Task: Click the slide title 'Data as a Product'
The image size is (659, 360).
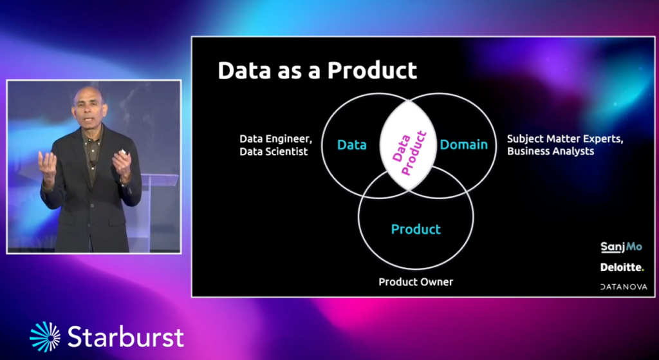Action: point(317,70)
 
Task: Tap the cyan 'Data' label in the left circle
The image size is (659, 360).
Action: point(352,145)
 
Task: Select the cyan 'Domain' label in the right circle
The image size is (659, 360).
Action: point(464,145)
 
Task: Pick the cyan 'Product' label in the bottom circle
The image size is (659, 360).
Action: point(416,229)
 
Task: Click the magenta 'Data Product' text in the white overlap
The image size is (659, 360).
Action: point(409,153)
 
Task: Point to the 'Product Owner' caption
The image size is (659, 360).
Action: point(416,282)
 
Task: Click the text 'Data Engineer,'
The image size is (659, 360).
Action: point(275,140)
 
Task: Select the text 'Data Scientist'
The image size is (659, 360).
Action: point(274,151)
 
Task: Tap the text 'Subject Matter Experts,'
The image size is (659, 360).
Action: point(565,139)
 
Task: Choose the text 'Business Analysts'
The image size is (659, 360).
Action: point(551,151)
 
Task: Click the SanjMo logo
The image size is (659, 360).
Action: point(622,247)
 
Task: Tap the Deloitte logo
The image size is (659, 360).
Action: point(622,267)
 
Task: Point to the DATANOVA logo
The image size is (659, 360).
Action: point(624,287)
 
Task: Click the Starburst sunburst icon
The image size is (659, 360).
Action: point(45,336)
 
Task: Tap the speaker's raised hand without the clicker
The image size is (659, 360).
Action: point(48,166)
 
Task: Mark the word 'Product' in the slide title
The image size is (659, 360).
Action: point(373,70)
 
